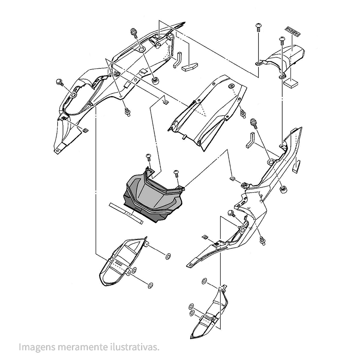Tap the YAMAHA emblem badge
click(293, 32)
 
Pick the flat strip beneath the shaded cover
click(126, 213)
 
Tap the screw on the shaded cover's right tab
click(176, 173)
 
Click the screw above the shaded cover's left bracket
click(148, 157)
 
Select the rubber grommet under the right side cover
click(283, 189)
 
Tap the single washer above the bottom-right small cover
click(205, 280)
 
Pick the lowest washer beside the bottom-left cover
click(150, 285)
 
